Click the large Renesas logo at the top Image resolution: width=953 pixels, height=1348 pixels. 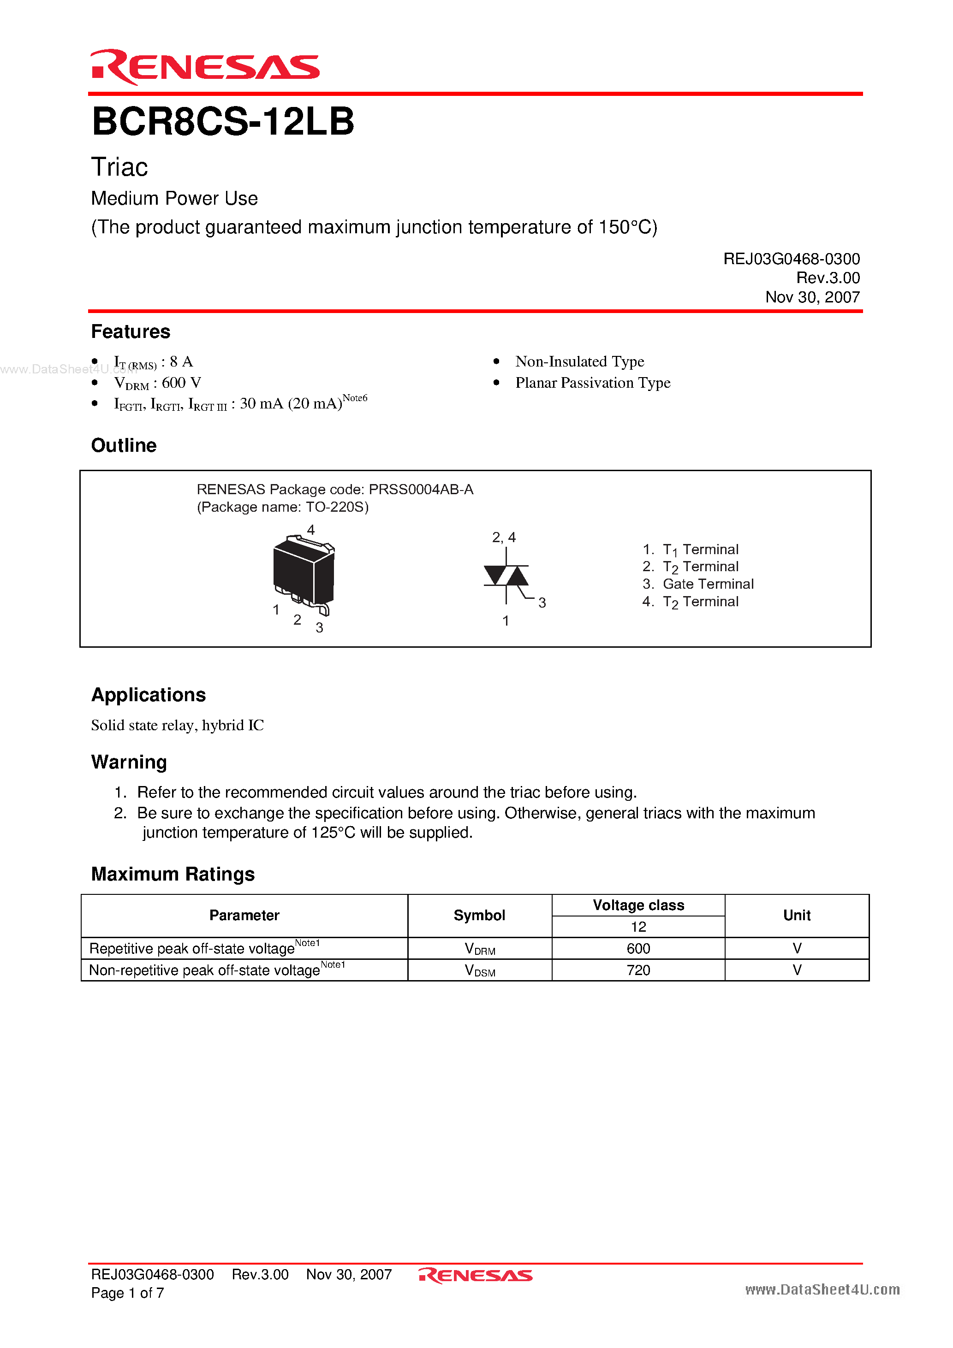tap(204, 67)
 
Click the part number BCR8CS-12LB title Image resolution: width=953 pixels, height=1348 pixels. tap(223, 122)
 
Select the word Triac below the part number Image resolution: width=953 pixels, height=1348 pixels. tap(119, 167)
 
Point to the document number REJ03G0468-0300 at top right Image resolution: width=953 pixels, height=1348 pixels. tap(791, 259)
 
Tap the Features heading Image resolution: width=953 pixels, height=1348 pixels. tap(131, 332)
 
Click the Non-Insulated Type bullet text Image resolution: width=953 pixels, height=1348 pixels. tap(579, 361)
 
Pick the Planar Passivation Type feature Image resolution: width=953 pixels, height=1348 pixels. tap(592, 383)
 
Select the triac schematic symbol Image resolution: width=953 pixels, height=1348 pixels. tap(506, 577)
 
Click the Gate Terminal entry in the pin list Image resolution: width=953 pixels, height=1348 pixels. tap(708, 584)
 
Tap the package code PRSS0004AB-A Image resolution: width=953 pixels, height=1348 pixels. tap(421, 489)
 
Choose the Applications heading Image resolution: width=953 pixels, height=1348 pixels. tap(148, 695)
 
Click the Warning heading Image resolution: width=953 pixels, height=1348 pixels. tap(129, 762)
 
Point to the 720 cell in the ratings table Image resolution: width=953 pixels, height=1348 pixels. tap(638, 970)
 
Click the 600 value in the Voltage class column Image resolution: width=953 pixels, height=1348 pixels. tap(638, 948)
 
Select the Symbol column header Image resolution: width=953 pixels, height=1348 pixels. tap(479, 915)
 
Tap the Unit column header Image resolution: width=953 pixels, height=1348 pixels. tap(796, 915)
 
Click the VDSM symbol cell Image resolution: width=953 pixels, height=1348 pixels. tap(479, 970)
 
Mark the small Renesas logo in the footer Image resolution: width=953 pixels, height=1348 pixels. tap(475, 1275)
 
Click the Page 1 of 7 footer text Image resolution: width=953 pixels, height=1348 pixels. tap(127, 1293)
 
